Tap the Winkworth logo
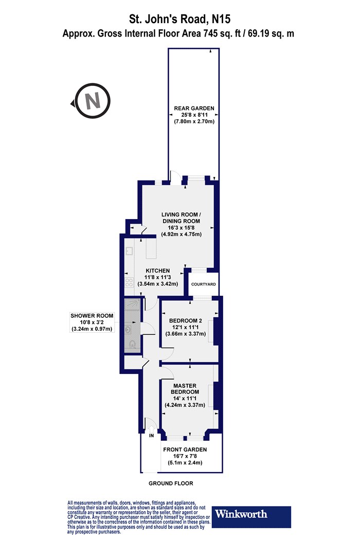click(x=251, y=516)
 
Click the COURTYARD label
click(x=204, y=284)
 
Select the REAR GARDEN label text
click(x=194, y=108)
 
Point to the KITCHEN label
click(x=157, y=271)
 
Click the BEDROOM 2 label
click(x=185, y=320)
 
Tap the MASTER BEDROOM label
click(x=185, y=389)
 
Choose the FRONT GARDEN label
click(x=185, y=449)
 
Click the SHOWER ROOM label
click(x=92, y=315)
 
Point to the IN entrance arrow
click(x=151, y=429)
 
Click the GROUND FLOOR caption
click(x=171, y=483)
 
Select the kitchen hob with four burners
click(x=129, y=282)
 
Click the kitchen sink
click(x=130, y=251)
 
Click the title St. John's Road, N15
click(x=180, y=19)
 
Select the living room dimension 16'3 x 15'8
click(x=181, y=228)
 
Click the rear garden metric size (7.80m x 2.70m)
click(x=194, y=121)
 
